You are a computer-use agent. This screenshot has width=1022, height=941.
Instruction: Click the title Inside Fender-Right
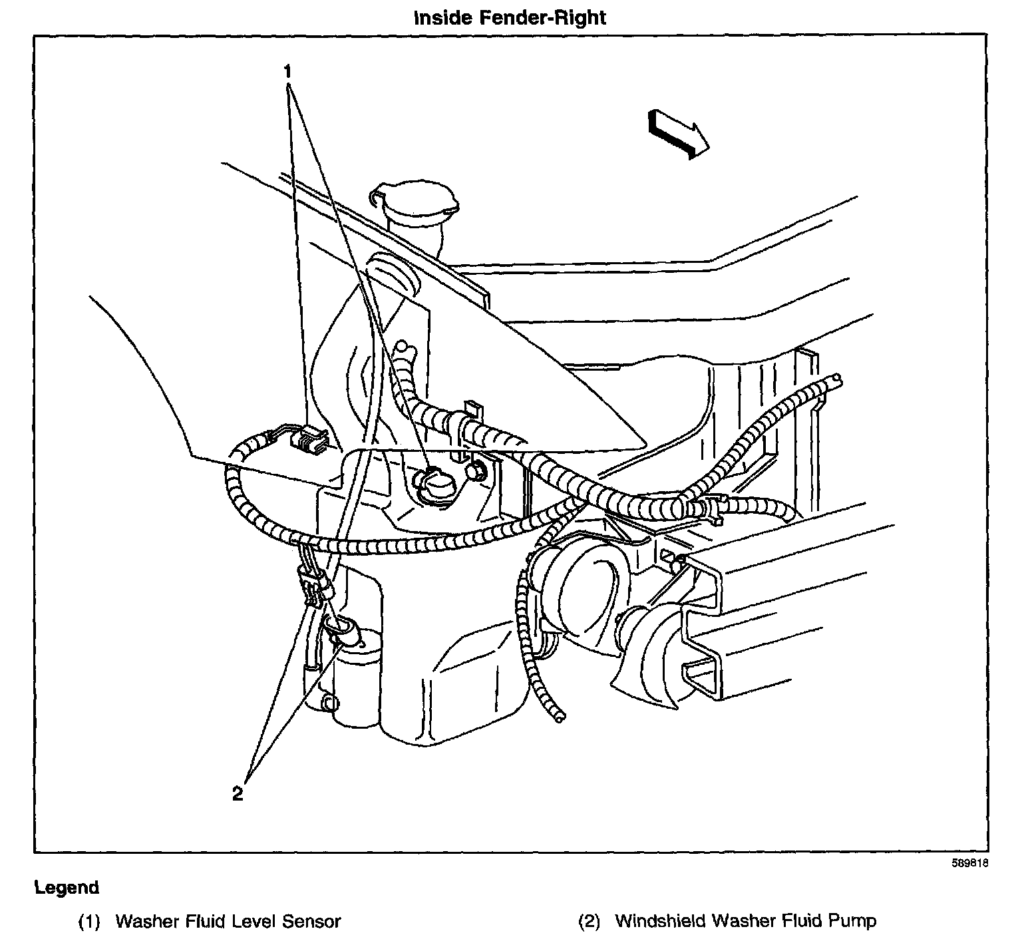510,17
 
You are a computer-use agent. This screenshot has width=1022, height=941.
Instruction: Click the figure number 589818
969,865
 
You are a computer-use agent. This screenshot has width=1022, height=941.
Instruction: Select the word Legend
67,887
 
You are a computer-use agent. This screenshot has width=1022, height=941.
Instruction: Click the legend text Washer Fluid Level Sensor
228,921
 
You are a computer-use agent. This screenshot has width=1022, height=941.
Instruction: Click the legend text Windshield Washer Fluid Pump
745,921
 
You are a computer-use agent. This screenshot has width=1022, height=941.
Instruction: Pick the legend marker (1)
89,921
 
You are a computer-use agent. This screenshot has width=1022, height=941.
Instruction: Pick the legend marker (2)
589,921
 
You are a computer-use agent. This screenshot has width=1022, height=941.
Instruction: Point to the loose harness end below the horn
560,716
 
